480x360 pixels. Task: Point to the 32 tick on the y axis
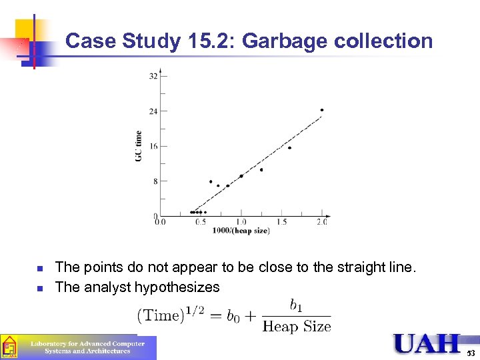coord(153,76)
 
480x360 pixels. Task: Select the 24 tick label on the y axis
coord(153,111)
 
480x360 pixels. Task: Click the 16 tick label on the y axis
coord(153,146)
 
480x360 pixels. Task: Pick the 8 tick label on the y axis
coord(155,181)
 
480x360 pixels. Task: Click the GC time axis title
coord(139,145)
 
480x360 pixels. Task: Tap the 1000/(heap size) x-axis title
coord(241,231)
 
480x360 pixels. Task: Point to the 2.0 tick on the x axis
coord(322,223)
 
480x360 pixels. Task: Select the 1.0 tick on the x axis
coord(241,223)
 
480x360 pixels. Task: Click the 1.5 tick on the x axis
coord(281,223)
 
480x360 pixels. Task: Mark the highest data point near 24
coord(322,110)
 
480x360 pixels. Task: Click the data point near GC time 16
coord(289,148)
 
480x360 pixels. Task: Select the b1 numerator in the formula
coord(297,305)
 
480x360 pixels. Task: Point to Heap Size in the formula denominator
coord(297,326)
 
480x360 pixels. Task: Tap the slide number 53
coord(471,353)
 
